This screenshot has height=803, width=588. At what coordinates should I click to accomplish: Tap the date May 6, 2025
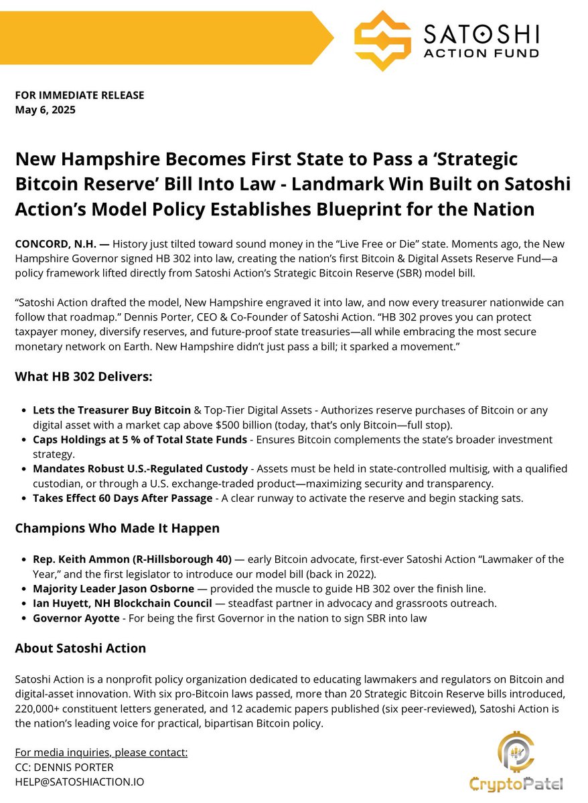[x=46, y=110]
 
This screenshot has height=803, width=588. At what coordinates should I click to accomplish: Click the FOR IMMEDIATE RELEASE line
[x=80, y=95]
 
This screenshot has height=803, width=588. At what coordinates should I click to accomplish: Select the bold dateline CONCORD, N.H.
[x=52, y=244]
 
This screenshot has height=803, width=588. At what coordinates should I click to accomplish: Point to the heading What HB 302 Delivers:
[x=84, y=377]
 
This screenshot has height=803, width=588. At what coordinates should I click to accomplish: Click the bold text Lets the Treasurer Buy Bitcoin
[x=111, y=409]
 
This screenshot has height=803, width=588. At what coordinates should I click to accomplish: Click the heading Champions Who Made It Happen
[x=117, y=528]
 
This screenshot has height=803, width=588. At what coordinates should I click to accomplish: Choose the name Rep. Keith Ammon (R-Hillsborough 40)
[x=132, y=559]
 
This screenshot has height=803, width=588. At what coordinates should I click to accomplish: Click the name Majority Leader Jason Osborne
[x=113, y=588]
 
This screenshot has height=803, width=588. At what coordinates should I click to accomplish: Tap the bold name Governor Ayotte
[x=76, y=618]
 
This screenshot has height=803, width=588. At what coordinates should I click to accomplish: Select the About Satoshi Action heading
[x=80, y=648]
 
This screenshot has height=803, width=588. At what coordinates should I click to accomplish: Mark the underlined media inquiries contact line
[x=101, y=753]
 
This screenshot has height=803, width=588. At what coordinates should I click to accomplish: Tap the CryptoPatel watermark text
[x=516, y=784]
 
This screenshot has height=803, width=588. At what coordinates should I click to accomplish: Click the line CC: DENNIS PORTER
[x=64, y=768]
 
